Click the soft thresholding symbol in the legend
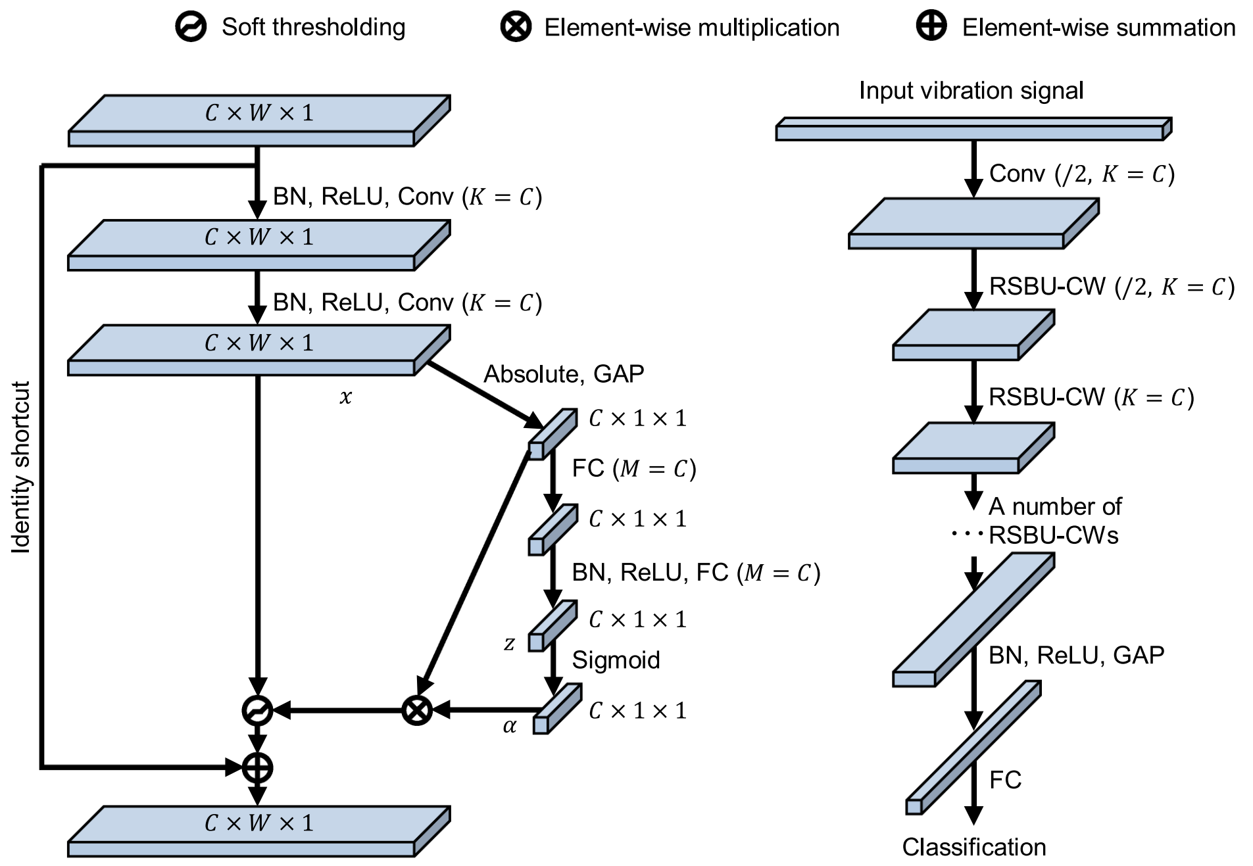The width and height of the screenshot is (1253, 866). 191,27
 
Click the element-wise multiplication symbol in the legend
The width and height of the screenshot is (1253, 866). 516,27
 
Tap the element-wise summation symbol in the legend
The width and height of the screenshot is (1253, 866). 931,26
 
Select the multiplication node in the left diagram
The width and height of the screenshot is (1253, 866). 417,710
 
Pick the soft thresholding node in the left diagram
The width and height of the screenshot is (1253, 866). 257,710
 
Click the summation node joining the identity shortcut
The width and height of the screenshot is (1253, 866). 257,767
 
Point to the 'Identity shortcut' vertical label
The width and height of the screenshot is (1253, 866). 21,467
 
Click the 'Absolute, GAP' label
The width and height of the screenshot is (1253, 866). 564,373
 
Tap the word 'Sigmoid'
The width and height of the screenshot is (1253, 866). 616,660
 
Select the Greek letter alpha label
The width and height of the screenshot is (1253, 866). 510,726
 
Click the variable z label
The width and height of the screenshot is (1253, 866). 509,643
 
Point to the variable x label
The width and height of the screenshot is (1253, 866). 346,397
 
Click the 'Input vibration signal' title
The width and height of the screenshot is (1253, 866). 971,90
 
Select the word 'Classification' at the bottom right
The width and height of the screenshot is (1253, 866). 973,847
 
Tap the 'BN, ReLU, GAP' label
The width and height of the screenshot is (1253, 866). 1076,655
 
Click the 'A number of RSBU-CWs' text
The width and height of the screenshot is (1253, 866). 1054,521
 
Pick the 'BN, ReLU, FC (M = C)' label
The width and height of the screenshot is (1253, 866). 696,573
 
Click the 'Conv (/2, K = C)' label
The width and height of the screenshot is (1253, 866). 1081,174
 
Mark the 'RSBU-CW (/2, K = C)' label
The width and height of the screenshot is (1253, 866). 1112,287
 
